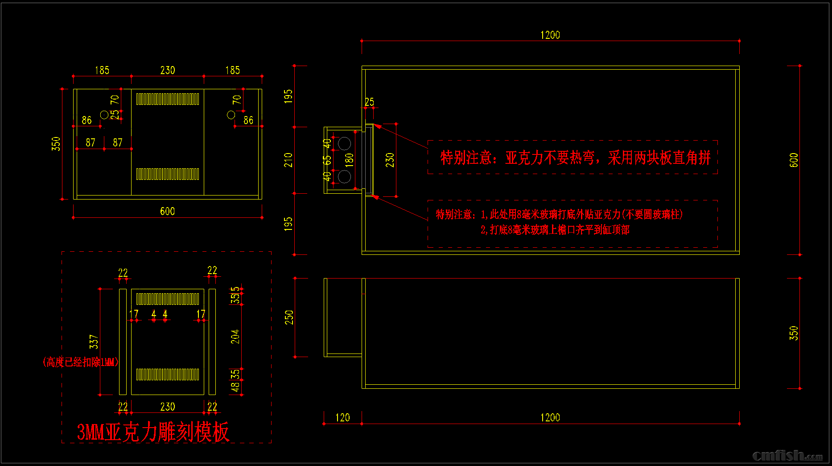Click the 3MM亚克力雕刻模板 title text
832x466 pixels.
[153, 432]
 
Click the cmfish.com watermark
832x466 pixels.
[787, 455]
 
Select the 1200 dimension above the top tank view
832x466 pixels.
[550, 35]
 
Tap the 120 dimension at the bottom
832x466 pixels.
[342, 417]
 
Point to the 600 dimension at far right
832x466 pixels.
[794, 160]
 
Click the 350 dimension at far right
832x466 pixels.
[794, 333]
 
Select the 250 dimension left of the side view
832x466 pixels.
[289, 317]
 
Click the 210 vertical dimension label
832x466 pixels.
[288, 160]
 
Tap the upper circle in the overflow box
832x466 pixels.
[344, 143]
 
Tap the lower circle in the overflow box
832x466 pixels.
[344, 176]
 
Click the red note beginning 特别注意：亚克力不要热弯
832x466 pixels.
[575, 158]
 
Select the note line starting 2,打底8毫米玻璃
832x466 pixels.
[555, 230]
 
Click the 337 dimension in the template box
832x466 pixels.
[94, 341]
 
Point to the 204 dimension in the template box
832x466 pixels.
[235, 336]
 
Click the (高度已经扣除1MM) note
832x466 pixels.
[81, 362]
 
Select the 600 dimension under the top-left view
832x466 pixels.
[167, 211]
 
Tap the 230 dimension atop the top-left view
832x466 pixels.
[168, 70]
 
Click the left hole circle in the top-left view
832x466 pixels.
[104, 115]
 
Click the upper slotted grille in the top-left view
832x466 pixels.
[168, 99]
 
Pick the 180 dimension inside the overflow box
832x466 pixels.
[349, 160]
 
